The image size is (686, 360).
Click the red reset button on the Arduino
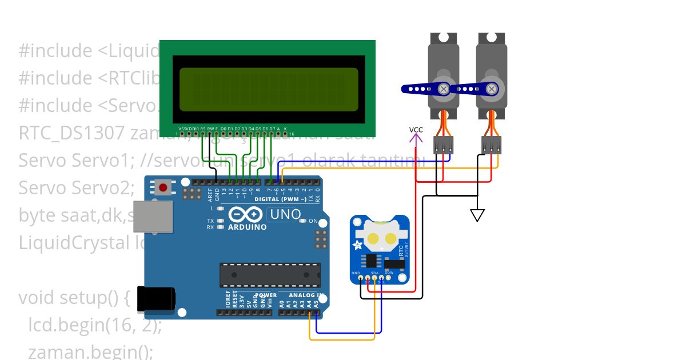click(163, 187)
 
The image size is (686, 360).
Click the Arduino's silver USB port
click(152, 217)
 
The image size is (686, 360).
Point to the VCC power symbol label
click(416, 130)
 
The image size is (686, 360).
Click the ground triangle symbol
click(477, 215)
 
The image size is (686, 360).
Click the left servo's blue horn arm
click(424, 89)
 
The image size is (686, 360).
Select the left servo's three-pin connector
click(444, 145)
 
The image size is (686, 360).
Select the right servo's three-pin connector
click(491, 145)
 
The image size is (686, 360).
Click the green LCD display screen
click(269, 89)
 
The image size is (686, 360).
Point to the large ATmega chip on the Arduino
click(270, 275)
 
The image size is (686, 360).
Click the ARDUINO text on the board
click(248, 227)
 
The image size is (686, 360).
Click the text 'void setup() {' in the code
click(75, 298)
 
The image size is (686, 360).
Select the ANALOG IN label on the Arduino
click(306, 295)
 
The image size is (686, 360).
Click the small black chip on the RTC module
click(372, 261)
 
